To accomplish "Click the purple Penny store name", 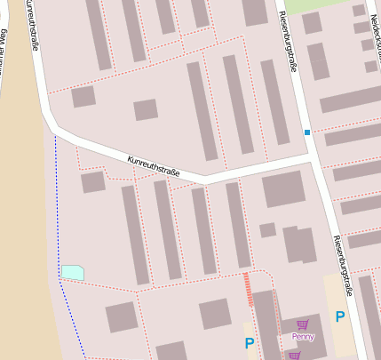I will pos(303,337).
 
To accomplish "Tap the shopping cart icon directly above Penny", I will pos(303,324).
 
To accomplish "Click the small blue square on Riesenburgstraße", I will pos(307,132).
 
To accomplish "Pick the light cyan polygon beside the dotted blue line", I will pos(73,272).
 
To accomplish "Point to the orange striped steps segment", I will pos(248,289).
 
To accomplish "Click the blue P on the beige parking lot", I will pos(339,316).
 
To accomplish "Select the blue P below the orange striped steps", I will pos(250,343).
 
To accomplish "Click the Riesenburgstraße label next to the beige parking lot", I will pos(343,265).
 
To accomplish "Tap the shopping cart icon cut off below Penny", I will pos(295,356).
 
